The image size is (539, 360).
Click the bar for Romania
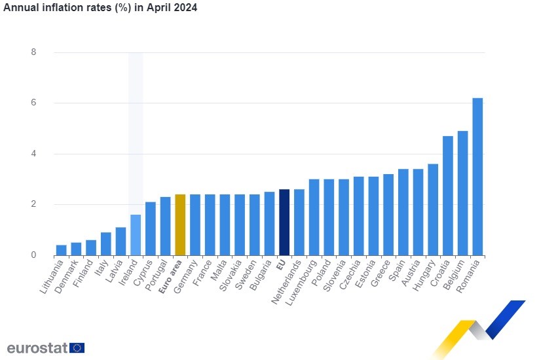[x=477, y=177]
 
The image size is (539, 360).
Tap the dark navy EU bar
[x=284, y=223]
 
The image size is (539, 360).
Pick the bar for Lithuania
[x=61, y=250]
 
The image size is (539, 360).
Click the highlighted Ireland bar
[x=136, y=235]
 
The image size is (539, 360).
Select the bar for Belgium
[x=462, y=193]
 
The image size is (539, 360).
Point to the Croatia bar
[x=448, y=196]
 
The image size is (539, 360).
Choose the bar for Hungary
[x=433, y=209]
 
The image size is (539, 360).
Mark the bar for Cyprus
[x=150, y=228]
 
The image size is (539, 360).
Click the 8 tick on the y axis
[x=33, y=52]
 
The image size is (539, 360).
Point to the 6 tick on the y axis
[x=33, y=103]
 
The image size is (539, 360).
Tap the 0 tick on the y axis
[x=33, y=255]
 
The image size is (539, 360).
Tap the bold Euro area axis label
[x=171, y=279]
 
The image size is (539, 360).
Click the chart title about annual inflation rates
[x=100, y=8]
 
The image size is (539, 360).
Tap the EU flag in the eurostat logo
[x=77, y=348]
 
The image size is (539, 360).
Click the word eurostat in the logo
[x=37, y=348]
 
